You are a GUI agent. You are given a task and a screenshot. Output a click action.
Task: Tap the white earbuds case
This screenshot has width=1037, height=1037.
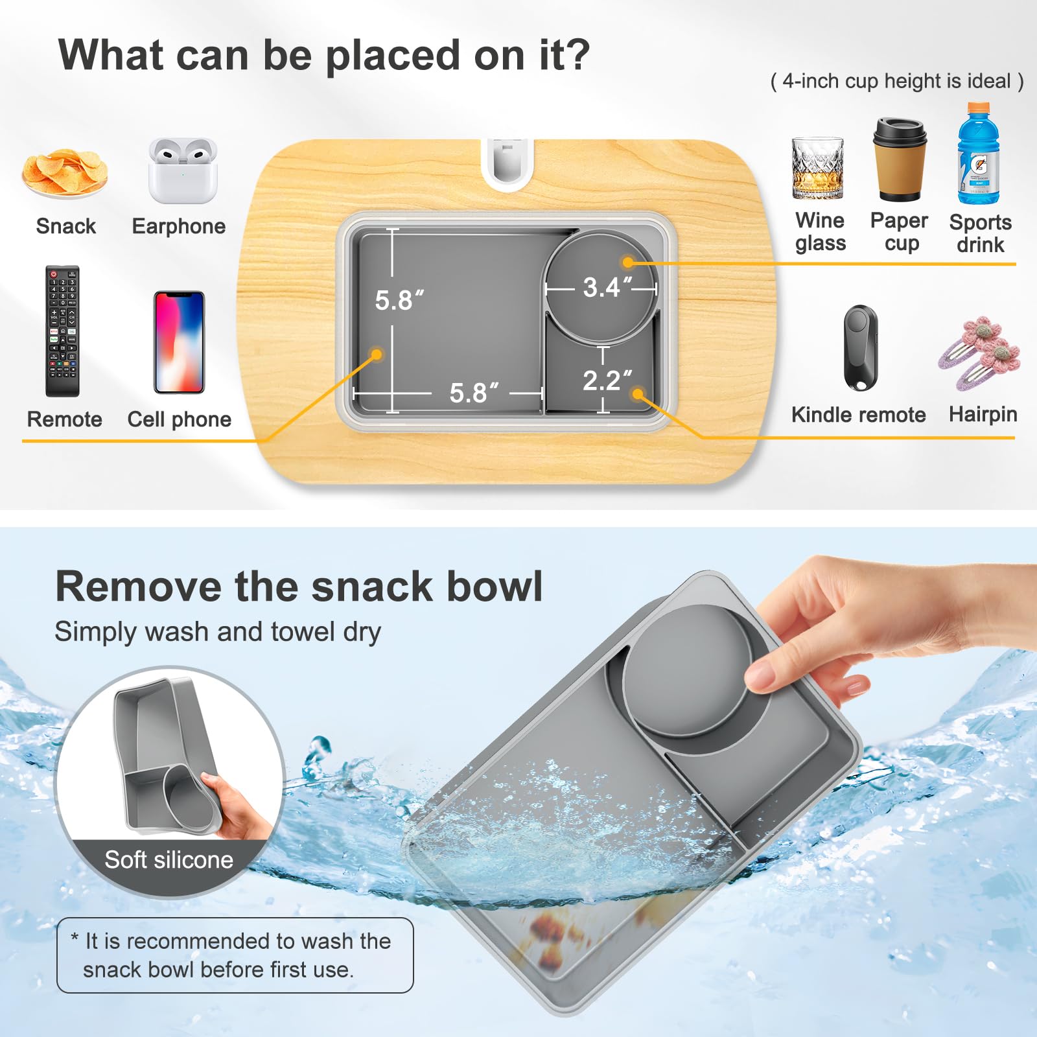point(183,171)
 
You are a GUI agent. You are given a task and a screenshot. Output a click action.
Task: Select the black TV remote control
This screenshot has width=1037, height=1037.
point(62,331)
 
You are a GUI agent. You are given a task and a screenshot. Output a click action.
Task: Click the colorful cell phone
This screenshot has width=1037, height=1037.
point(179,342)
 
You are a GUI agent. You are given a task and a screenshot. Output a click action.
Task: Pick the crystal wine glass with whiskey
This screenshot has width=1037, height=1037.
point(818,169)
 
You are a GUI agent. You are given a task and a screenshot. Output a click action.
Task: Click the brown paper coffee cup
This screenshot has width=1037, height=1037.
point(900,159)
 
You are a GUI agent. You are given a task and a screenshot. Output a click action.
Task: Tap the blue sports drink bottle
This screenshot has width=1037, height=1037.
point(979,153)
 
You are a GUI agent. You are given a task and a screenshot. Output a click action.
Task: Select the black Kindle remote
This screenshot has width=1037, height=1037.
point(861,348)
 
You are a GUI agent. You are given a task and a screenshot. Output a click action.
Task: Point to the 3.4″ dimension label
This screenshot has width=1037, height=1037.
point(607,288)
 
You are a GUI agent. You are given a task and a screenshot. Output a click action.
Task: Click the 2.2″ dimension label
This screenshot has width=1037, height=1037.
point(607,381)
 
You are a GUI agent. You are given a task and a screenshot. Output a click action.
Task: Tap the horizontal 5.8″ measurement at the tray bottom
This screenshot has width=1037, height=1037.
point(474,393)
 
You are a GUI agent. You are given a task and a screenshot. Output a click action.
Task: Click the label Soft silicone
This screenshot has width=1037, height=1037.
point(169,859)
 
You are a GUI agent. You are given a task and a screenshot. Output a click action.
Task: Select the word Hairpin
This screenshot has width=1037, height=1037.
point(983,415)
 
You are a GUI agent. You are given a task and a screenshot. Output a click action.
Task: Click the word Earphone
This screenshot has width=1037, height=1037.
point(179,226)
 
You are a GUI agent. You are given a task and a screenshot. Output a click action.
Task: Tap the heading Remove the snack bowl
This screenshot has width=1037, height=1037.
point(299,587)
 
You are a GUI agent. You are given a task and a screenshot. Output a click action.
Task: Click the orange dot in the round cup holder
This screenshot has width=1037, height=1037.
point(627,262)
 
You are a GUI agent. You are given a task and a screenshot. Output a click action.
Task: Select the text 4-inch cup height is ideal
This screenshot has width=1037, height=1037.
point(897,81)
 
